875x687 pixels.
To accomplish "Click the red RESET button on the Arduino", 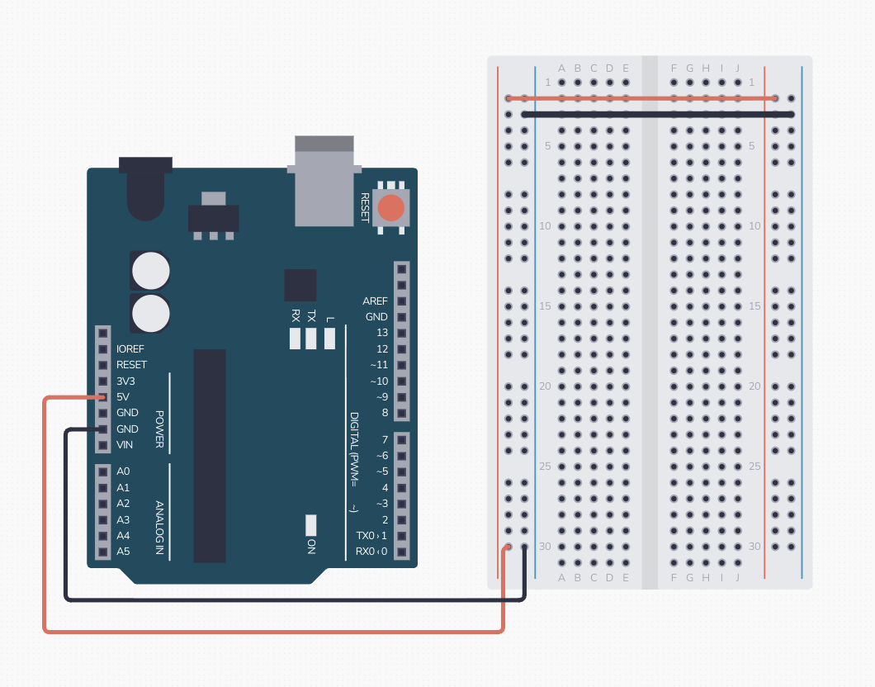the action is click(x=391, y=207).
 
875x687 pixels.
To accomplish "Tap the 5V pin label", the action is click(x=123, y=397).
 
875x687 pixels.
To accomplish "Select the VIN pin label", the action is click(x=125, y=445).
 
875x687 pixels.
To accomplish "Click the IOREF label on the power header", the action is click(x=130, y=349).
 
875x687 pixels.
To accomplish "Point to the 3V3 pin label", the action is click(x=125, y=381).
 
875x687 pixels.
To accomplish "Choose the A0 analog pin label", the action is click(x=123, y=471).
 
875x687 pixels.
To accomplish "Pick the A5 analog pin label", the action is click(x=123, y=551).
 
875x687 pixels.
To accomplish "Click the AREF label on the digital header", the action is click(x=375, y=301).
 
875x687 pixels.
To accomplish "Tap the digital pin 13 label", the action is click(x=381, y=333).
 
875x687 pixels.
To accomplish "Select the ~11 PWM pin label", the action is click(x=379, y=365).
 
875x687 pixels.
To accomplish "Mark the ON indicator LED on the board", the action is click(x=310, y=524).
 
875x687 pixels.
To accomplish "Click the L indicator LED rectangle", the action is click(x=329, y=339).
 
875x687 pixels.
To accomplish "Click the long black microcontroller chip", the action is click(x=210, y=456).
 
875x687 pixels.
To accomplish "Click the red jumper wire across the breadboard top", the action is click(x=644, y=99).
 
